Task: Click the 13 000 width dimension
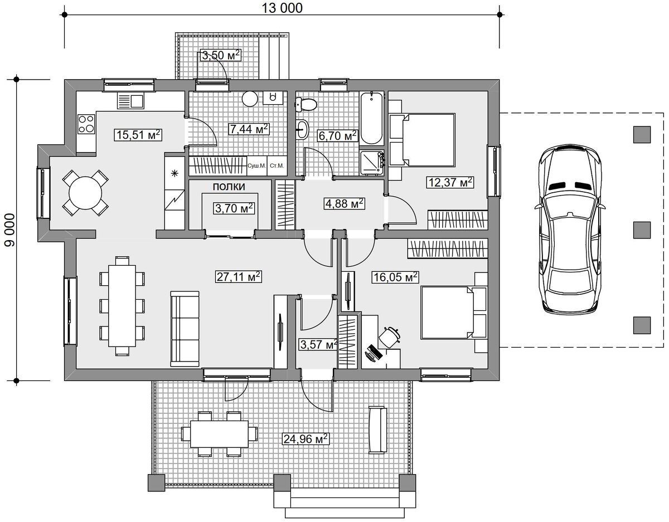click(282, 8)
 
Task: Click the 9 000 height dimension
click(9, 230)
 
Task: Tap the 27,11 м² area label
click(238, 277)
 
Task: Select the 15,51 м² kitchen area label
click(138, 135)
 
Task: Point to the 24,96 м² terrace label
click(306, 439)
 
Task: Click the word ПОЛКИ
click(229, 187)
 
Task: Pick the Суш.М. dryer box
click(257, 166)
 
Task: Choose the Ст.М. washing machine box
click(277, 166)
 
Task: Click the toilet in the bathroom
click(306, 104)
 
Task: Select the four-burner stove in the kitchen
click(86, 124)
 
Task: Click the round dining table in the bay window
click(85, 193)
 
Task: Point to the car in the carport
click(569, 229)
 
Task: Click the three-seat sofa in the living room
click(185, 329)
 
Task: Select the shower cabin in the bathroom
click(372, 163)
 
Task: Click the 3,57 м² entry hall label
click(318, 344)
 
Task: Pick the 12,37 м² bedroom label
click(450, 182)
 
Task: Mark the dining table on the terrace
click(219, 434)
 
